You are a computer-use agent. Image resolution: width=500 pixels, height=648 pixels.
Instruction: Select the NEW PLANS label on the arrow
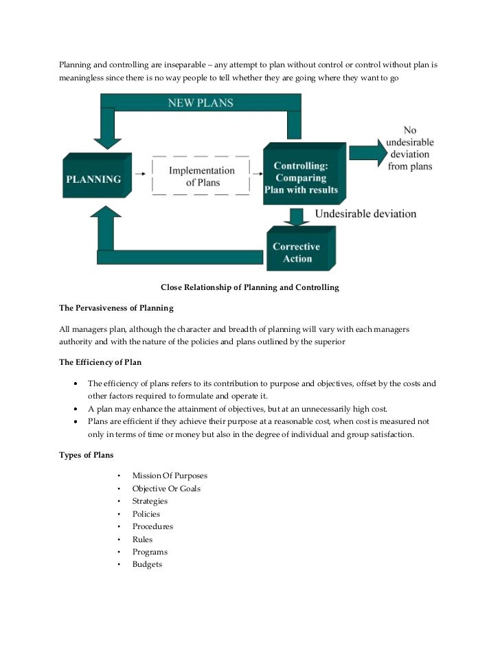tap(201, 103)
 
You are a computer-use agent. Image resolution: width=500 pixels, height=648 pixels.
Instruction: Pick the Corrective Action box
tap(297, 252)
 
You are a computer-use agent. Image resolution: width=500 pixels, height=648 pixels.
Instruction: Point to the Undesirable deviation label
tap(365, 214)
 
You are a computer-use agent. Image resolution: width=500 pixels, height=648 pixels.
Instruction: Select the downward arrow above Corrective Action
tap(297, 216)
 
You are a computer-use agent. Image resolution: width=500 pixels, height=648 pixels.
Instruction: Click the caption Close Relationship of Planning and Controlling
tap(249, 287)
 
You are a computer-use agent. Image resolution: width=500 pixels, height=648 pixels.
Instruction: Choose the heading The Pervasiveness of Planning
tap(116, 307)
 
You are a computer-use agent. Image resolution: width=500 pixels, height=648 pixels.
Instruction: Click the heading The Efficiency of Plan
tap(100, 362)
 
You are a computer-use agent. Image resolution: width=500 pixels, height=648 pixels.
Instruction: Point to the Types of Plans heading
tap(87, 455)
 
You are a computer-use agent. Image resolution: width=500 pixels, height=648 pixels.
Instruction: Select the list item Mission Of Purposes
tap(170, 476)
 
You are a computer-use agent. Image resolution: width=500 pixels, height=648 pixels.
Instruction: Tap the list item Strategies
tap(150, 501)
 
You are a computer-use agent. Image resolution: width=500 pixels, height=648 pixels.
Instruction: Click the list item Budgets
tap(147, 564)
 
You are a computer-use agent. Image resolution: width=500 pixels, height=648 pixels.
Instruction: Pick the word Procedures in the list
tap(152, 526)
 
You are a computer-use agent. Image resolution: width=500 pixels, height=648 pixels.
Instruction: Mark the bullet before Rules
tap(119, 539)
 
